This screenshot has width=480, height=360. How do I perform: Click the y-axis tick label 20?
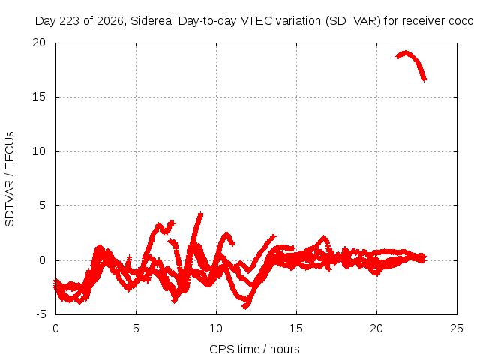[39, 43]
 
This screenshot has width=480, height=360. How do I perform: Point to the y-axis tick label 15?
[39, 97]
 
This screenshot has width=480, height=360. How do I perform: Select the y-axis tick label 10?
[39, 151]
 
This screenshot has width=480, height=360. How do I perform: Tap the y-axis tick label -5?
[40, 314]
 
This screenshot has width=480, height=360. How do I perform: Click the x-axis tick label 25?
[457, 328]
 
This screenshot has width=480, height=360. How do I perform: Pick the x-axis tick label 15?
[296, 328]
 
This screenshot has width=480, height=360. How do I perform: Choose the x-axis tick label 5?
[136, 328]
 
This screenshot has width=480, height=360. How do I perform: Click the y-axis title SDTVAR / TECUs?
[10, 179]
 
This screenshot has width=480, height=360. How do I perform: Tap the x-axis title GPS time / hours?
[254, 349]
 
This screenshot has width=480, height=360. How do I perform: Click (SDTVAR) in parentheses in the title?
[352, 21]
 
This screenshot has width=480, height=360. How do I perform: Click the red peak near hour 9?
[200, 214]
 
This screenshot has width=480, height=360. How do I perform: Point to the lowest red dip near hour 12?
[245, 306]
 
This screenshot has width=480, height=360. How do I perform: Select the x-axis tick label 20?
[376, 328]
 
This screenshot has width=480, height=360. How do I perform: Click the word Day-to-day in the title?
[207, 21]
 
